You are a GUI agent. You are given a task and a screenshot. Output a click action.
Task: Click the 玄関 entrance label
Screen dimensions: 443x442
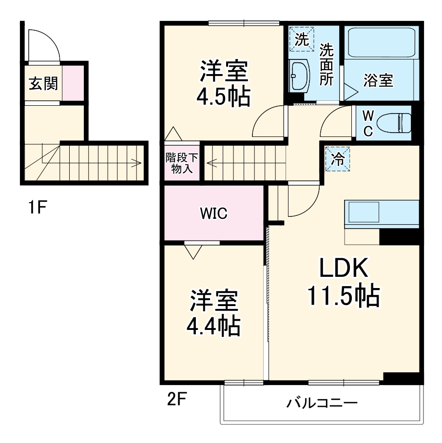pyautogui.click(x=43, y=84)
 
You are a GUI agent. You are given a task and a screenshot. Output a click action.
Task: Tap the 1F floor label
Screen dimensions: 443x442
pyautogui.click(x=37, y=209)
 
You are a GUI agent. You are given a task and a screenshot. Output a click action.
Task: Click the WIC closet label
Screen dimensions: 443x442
pyautogui.click(x=213, y=213)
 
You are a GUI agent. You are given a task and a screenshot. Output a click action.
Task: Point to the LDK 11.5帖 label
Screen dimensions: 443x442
pyautogui.click(x=343, y=282)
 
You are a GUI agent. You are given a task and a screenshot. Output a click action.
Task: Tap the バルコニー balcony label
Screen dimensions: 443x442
pyautogui.click(x=322, y=404)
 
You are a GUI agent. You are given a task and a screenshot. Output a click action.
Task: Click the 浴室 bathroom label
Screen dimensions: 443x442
pyautogui.click(x=378, y=81)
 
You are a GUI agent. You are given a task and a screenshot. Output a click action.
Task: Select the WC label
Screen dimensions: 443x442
pyautogui.click(x=368, y=123)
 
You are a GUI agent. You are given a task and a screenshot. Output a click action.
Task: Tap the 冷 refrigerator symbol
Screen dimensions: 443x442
pyautogui.click(x=338, y=158)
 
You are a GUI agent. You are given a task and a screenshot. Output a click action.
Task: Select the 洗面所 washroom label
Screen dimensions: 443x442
pyautogui.click(x=326, y=64)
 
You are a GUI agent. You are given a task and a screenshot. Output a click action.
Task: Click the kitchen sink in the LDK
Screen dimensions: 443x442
pyautogui.click(x=363, y=213)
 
